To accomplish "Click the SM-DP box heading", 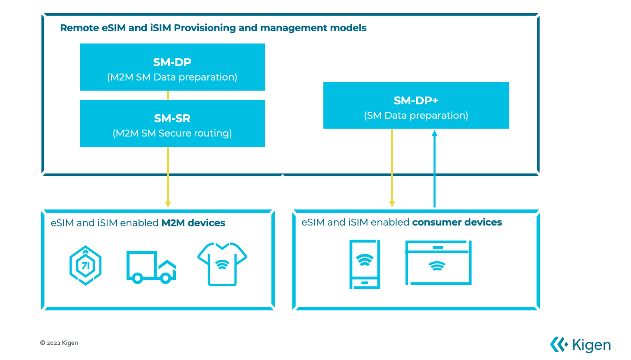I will tap(172, 62).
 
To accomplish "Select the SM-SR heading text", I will tap(172, 118).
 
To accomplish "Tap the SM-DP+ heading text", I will tap(416, 101).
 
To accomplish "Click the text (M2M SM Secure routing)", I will tap(172, 133).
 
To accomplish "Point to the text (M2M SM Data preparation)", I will tap(172, 77).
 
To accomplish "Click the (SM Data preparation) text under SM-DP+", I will tap(416, 115).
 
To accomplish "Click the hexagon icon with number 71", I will tap(85, 265).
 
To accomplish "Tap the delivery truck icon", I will tap(151, 267).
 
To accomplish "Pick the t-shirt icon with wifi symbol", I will tap(222, 264).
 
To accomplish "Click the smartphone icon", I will tap(364, 265).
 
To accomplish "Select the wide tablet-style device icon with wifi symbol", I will tap(438, 263).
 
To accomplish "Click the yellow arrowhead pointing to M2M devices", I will tap(168, 204).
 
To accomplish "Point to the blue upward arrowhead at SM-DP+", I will tap(434, 134).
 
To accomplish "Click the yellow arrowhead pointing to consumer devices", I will tap(392, 204).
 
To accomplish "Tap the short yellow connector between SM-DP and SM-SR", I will tap(168, 95).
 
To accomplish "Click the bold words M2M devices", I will tap(193, 223).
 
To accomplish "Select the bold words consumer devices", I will tap(457, 222).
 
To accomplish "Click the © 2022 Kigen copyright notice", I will tap(59, 343).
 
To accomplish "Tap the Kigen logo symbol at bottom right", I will tap(559, 344).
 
